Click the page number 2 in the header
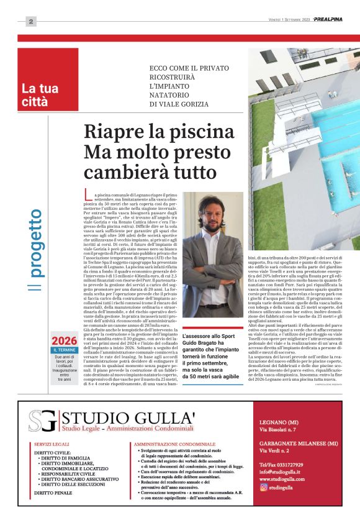click(x=31, y=22)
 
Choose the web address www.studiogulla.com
click(x=281, y=479)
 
